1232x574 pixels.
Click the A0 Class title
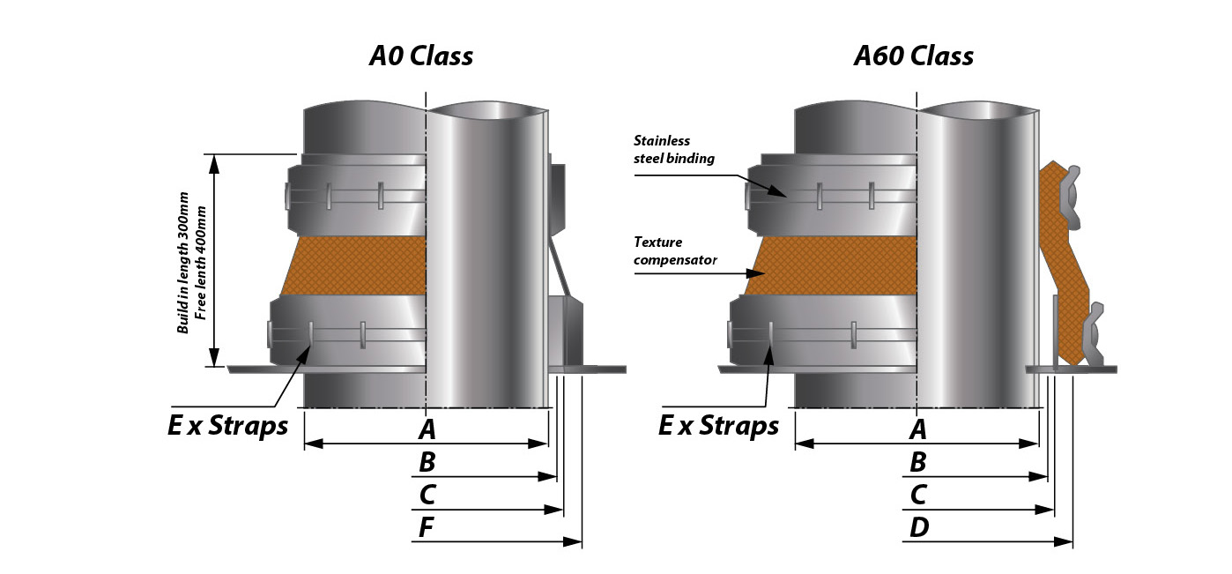click(x=420, y=56)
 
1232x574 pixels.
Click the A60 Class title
click(x=914, y=56)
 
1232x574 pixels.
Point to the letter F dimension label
click(x=427, y=528)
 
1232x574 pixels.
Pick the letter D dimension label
click(x=918, y=528)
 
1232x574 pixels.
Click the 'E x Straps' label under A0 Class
click(x=227, y=426)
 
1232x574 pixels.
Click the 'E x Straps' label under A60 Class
click(x=718, y=426)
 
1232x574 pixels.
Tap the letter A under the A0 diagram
click(x=427, y=430)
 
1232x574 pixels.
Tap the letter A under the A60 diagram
click(x=918, y=430)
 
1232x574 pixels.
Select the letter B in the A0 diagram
click(x=427, y=462)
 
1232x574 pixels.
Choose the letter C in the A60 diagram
click(x=918, y=496)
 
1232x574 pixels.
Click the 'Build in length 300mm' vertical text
click(x=184, y=265)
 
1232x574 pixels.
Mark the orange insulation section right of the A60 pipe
click(x=1065, y=265)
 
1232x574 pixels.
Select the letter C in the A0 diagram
click(x=427, y=496)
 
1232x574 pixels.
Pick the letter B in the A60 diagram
click(x=918, y=462)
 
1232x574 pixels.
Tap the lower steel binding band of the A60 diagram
click(x=824, y=331)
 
